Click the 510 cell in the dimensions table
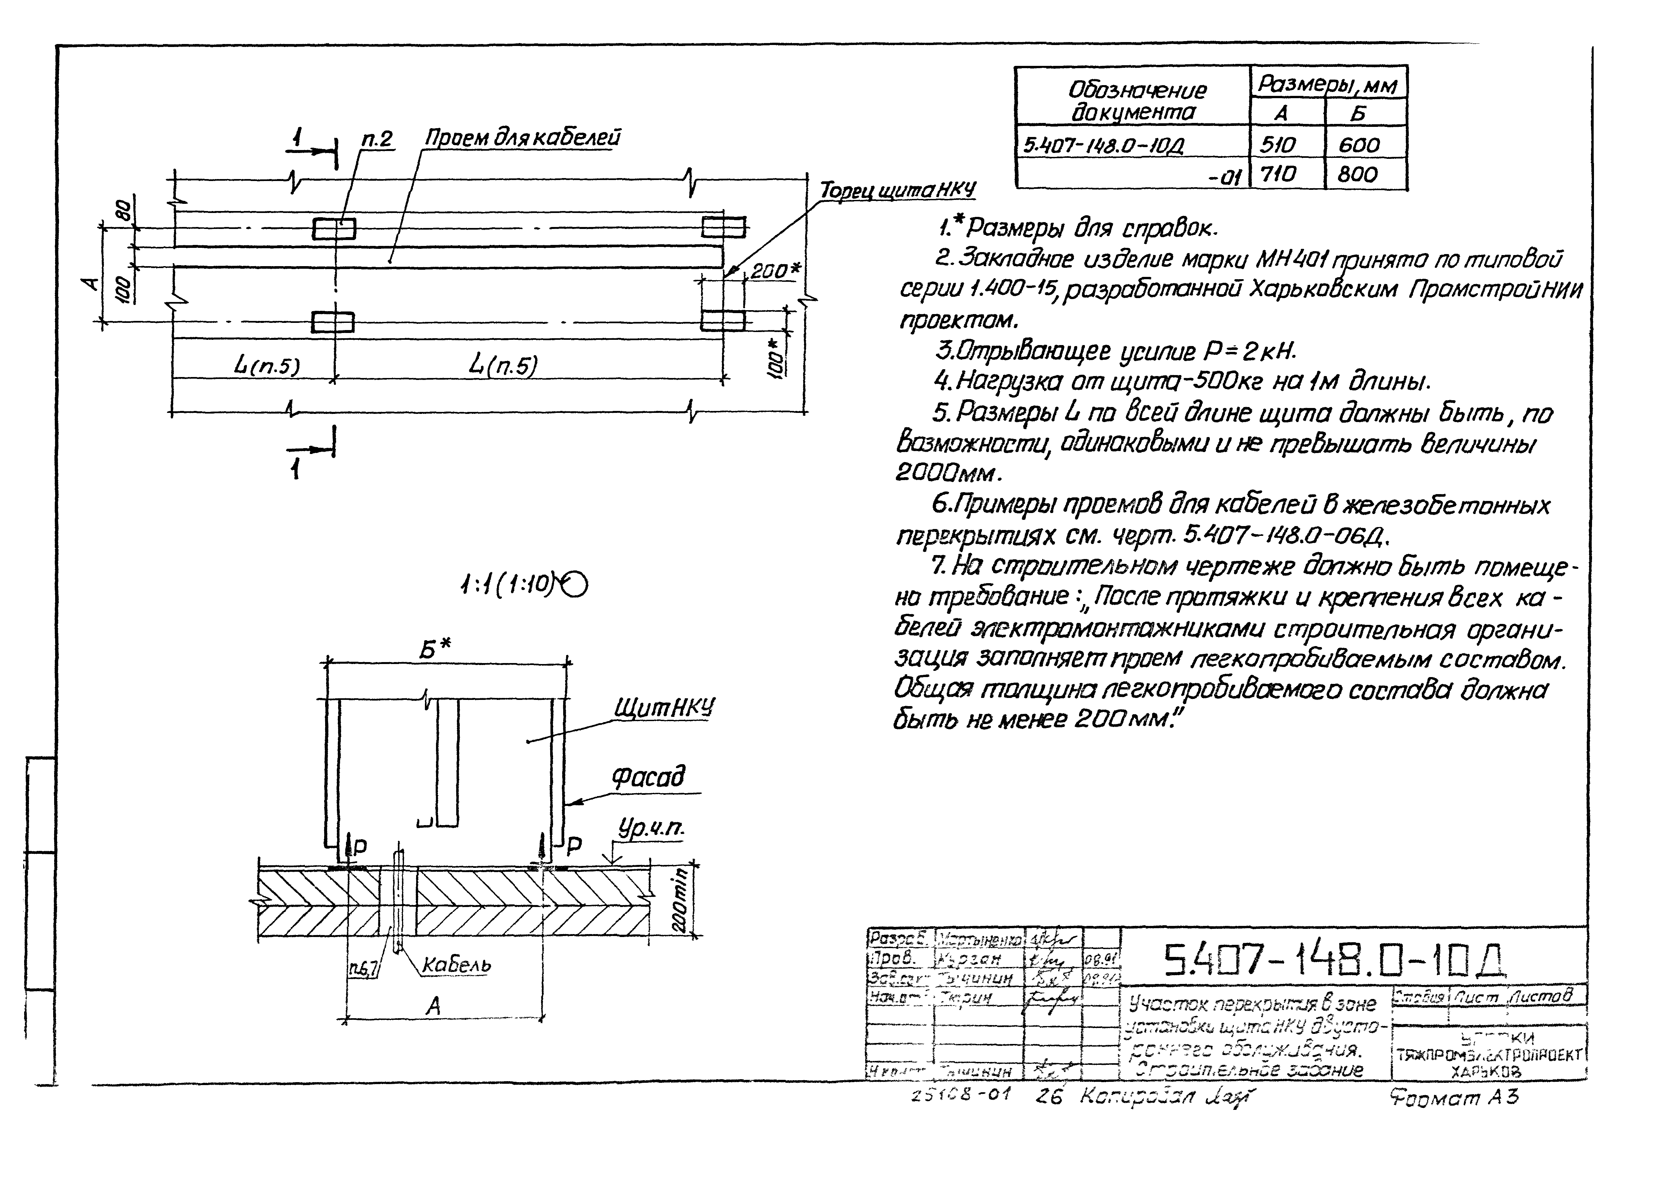[1278, 144]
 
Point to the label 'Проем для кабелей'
[523, 138]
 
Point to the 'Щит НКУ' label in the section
[664, 707]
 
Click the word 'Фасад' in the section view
[648, 778]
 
